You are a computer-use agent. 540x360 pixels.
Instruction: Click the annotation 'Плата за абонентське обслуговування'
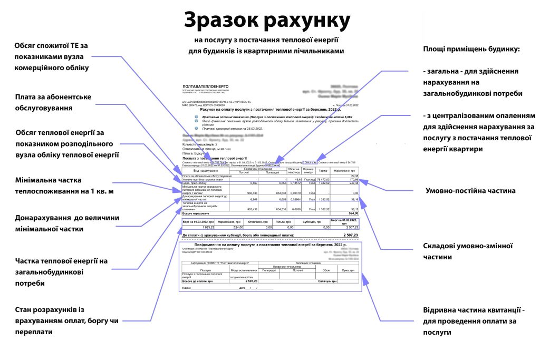53,102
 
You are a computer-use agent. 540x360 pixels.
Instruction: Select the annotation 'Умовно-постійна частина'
463,190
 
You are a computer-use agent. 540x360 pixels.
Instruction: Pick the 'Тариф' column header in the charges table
323,170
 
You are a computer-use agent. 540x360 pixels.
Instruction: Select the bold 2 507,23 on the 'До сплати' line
350,235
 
